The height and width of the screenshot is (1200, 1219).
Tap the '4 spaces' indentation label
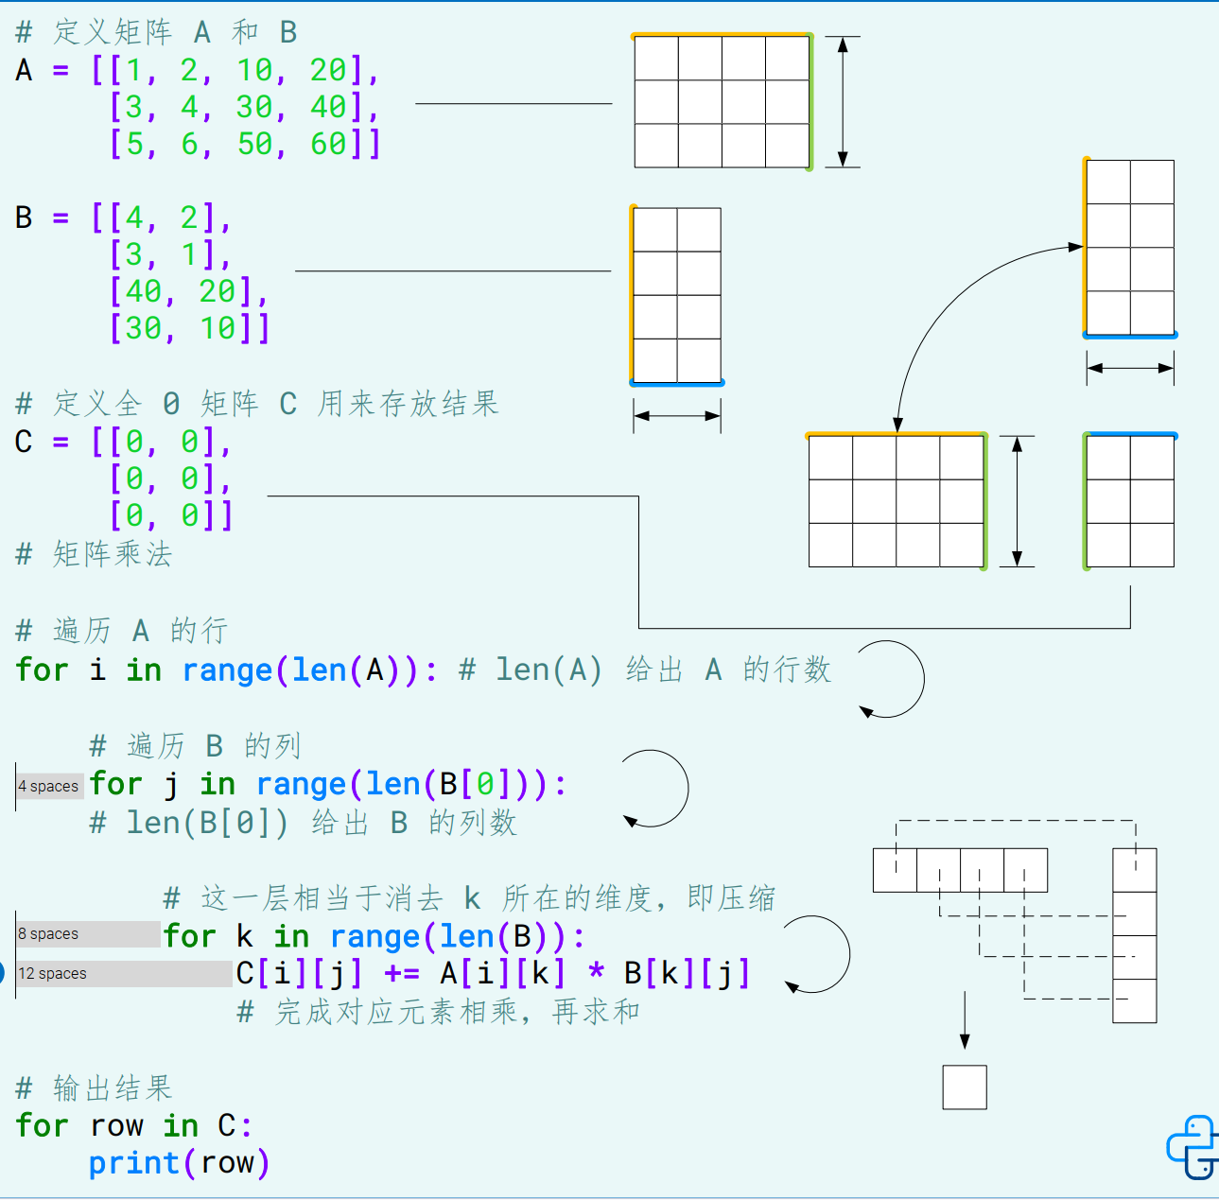[x=49, y=786]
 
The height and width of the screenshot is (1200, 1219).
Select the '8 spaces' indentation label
[x=49, y=934]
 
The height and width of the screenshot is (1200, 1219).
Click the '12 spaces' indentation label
[x=53, y=974]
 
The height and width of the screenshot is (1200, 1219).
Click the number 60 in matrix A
[x=328, y=144]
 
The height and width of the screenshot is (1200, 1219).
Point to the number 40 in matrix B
[x=143, y=291]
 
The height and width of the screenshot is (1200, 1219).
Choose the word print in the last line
[x=133, y=1163]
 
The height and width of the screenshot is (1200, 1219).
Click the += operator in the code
[x=402, y=973]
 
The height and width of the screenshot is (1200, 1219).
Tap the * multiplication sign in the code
[x=596, y=973]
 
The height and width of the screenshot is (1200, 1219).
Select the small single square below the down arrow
[x=965, y=1087]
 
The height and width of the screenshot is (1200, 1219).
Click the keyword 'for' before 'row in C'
[x=42, y=1126]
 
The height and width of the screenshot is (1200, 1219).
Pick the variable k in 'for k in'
[x=245, y=936]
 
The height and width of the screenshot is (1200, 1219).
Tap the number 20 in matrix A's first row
[x=328, y=70]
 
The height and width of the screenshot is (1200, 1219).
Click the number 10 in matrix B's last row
[x=218, y=328]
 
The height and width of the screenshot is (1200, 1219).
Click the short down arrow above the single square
[x=965, y=1019]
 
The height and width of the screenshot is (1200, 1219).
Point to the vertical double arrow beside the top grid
[x=843, y=102]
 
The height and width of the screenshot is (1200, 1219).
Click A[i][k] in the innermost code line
[x=502, y=973]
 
